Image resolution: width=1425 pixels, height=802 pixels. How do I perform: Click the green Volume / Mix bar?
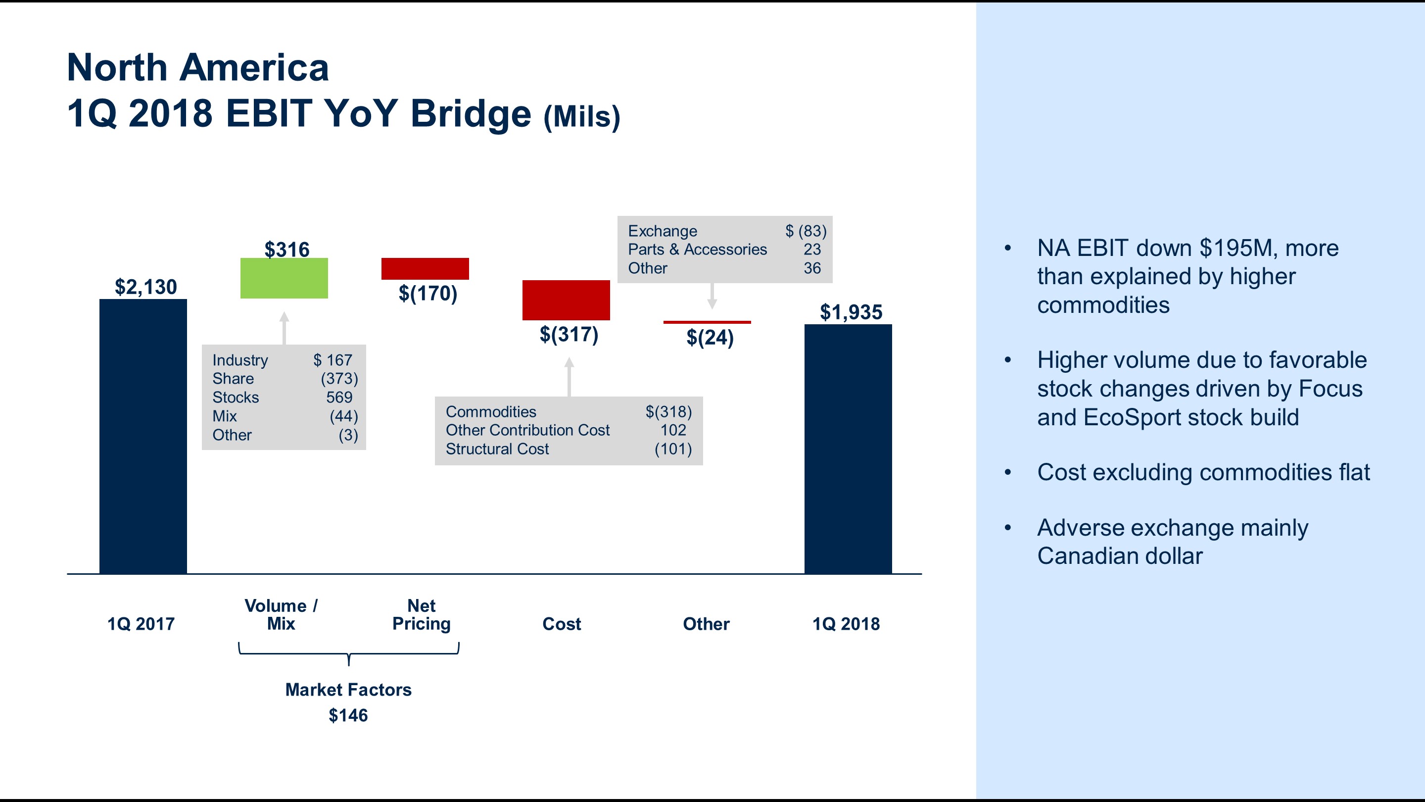click(x=284, y=278)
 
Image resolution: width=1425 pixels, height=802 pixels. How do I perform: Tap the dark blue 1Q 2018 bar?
click(x=848, y=449)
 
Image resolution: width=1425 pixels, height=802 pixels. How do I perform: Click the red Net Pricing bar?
click(x=425, y=268)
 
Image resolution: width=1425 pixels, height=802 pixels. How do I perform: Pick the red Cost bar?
click(x=566, y=300)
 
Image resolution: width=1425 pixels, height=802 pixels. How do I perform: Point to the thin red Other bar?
click(x=707, y=322)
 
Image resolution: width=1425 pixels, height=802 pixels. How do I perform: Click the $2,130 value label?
click(x=145, y=287)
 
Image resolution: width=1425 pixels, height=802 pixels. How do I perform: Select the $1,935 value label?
click(x=851, y=312)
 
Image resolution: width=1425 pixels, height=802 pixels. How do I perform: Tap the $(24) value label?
click(x=710, y=337)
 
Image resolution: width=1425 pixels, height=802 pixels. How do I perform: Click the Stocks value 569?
click(x=338, y=398)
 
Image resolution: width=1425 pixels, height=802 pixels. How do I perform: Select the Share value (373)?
click(x=339, y=379)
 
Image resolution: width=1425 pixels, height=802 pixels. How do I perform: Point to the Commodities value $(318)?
click(x=668, y=412)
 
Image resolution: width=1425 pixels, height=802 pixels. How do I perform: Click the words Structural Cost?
click(x=497, y=449)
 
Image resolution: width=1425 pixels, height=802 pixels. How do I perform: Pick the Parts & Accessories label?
click(x=697, y=250)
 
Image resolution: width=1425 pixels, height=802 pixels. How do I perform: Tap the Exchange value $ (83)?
click(x=806, y=231)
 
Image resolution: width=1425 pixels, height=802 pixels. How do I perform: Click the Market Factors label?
click(x=348, y=690)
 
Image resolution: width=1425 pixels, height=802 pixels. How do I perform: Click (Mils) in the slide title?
click(x=581, y=117)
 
